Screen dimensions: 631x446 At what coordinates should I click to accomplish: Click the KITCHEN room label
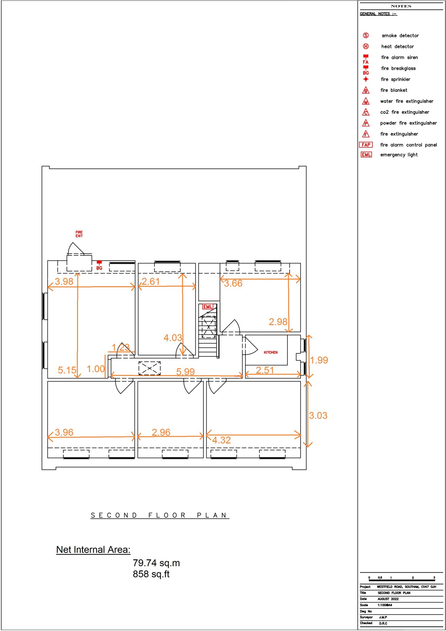270,352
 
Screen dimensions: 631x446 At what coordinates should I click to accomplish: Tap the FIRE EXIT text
79,234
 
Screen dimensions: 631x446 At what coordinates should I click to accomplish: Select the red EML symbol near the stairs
207,307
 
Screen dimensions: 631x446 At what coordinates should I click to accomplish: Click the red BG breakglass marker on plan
99,265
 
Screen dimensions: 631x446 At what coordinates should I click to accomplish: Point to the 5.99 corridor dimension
185,372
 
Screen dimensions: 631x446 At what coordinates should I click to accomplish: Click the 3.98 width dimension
64,281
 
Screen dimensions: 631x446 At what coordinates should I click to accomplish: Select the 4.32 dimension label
221,440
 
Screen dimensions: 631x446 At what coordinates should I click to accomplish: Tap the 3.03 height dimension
318,415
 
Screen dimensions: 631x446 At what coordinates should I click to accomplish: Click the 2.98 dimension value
278,322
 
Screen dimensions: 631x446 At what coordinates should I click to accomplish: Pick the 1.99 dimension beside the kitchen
319,360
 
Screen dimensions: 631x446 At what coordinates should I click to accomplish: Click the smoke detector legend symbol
366,35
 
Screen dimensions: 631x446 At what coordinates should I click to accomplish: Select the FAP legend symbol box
366,145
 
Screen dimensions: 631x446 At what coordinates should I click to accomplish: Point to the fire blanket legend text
394,90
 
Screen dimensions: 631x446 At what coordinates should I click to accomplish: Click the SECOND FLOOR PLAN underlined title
160,515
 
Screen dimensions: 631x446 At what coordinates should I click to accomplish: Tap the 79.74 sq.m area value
156,563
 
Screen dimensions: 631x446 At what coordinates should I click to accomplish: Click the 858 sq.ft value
151,574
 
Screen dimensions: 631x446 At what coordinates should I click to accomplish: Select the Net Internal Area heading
93,550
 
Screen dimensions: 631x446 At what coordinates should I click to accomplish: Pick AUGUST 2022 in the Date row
388,599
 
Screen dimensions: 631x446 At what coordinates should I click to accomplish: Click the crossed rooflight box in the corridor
149,368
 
